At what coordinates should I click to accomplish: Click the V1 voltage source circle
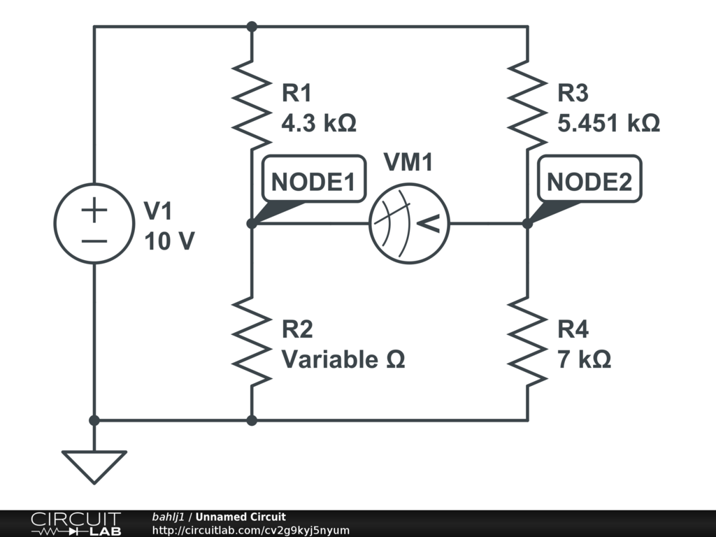pos(94,224)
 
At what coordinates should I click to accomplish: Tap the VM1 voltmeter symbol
pos(408,224)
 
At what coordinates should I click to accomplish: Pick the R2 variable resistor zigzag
pos(251,341)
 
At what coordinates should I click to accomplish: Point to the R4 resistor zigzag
pos(527,341)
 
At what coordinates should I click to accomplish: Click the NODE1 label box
pos(313,182)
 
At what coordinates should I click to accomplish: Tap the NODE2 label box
pos(589,182)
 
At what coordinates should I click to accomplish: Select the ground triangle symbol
pos(94,466)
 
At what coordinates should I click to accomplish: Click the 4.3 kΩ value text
pos(319,124)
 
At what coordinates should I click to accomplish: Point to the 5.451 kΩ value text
pos(608,124)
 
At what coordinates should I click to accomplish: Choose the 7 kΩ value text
pos(584,360)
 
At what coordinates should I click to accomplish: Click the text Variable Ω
pos(343,360)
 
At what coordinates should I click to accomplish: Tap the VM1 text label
pos(408,163)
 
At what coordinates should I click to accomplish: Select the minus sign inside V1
pos(94,241)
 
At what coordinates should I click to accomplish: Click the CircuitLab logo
pos(76,523)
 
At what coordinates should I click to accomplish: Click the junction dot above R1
pos(252,27)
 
